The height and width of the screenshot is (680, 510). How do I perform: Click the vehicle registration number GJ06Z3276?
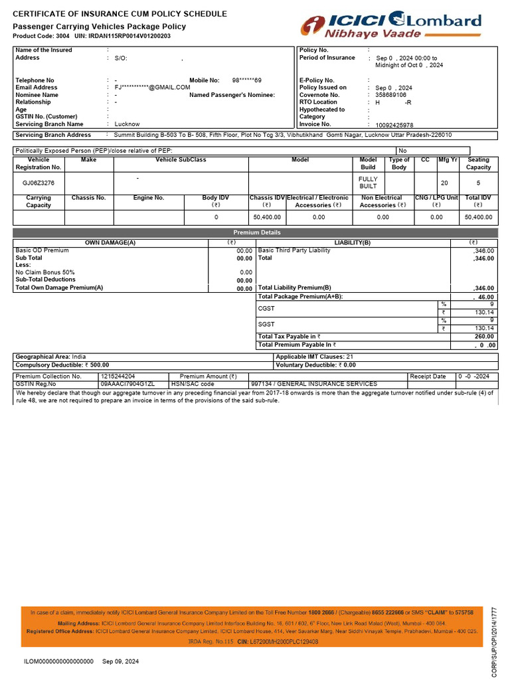[x=39, y=183]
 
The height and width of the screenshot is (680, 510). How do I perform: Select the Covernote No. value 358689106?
[x=390, y=95]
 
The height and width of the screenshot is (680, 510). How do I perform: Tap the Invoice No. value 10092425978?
[x=394, y=125]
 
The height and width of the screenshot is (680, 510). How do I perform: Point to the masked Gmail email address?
[x=153, y=88]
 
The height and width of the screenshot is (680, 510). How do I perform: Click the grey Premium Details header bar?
[x=256, y=232]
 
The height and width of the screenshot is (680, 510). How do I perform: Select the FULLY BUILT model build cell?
[x=368, y=183]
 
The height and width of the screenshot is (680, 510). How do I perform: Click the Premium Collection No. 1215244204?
[x=118, y=376]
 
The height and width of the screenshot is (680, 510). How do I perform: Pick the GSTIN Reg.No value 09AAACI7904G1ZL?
[x=127, y=384]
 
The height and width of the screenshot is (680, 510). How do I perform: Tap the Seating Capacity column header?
[x=478, y=163]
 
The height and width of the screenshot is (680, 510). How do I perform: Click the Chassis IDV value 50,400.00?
[x=267, y=217]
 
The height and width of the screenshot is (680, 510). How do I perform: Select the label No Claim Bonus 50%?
[x=45, y=272]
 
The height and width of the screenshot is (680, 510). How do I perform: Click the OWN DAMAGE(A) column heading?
[x=110, y=242]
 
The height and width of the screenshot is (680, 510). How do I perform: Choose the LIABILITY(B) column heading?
[x=353, y=242]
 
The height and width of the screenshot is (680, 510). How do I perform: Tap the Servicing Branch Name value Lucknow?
[x=127, y=124]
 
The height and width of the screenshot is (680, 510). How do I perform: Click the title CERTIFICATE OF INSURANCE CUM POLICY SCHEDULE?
[x=120, y=14]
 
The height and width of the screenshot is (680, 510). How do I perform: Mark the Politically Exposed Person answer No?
[x=402, y=151]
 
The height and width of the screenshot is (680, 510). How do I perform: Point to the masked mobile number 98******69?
[x=246, y=80]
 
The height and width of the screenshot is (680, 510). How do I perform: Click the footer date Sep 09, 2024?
[x=121, y=661]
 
